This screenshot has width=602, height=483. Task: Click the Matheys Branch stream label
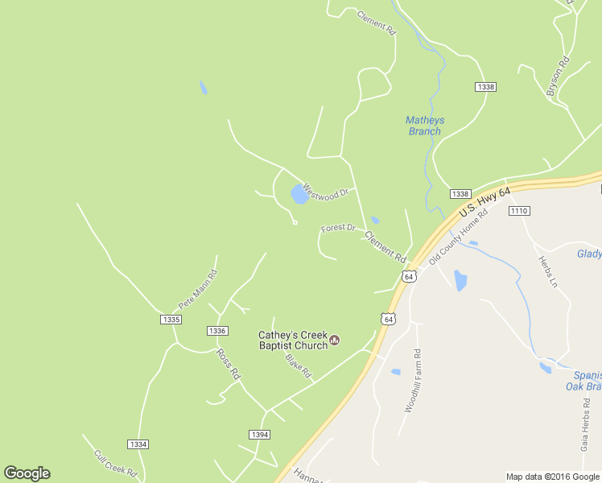coord(425,126)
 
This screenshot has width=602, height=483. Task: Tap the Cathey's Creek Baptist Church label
coord(293,341)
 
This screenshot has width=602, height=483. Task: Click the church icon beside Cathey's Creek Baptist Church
coord(335,341)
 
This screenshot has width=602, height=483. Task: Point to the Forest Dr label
coord(338,229)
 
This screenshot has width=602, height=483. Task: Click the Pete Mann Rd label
coord(197,290)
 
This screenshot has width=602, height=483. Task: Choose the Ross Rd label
coord(228,364)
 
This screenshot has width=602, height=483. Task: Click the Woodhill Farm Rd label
coord(412,381)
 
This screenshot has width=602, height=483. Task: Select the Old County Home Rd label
coord(459,238)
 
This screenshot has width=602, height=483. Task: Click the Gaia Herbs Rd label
coord(585,423)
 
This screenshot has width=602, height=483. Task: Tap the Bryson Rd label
coord(558,77)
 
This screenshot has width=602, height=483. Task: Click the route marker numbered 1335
coord(171,320)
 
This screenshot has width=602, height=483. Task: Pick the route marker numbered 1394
coord(259,435)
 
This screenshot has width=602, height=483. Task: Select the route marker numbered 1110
coord(518,211)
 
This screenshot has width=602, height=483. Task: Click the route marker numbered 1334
coord(138,444)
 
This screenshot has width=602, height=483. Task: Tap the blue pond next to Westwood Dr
coord(299,194)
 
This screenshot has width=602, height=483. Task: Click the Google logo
coord(27,473)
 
